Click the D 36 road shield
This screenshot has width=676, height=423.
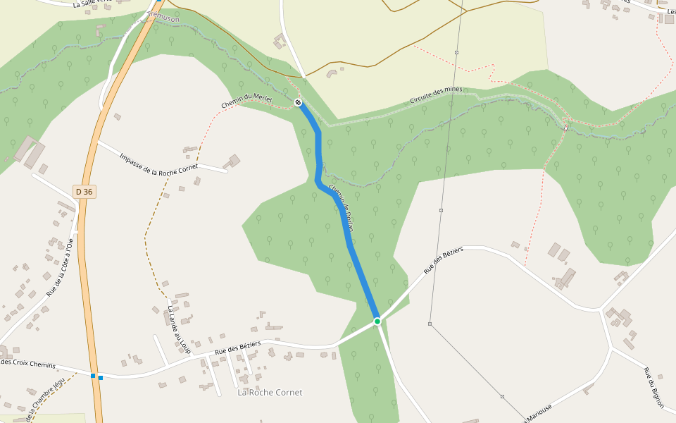pos(84,191)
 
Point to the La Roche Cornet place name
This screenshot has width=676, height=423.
pos(270,393)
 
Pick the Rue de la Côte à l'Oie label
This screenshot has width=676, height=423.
pos(59,267)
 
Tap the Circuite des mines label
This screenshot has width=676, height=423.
pos(436,95)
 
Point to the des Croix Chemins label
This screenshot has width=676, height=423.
pos(28,363)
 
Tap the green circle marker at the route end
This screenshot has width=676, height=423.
pos(377,321)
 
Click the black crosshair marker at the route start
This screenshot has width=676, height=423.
pos(299,103)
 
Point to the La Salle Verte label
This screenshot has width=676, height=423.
pos(92,4)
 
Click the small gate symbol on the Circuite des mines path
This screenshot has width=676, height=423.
pos(566,128)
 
